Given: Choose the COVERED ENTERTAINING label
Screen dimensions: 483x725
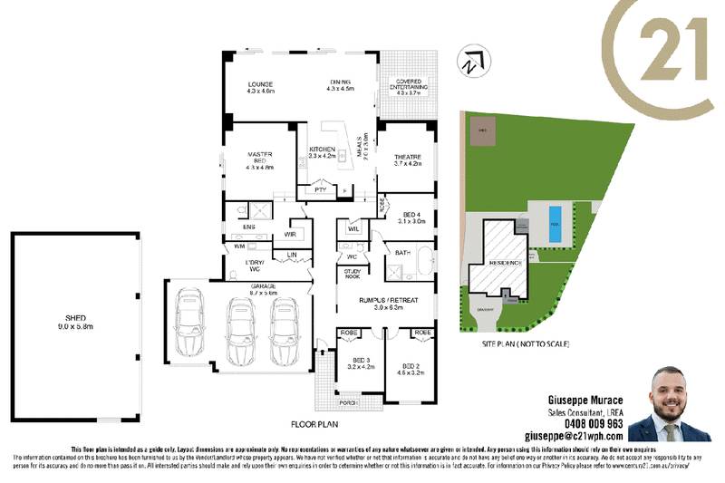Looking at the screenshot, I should [x=406, y=86].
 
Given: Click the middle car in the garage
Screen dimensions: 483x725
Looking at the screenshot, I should [x=240, y=324].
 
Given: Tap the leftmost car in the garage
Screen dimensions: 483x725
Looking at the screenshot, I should [x=191, y=321].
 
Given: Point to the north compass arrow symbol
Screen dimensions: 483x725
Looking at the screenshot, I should [x=469, y=63].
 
